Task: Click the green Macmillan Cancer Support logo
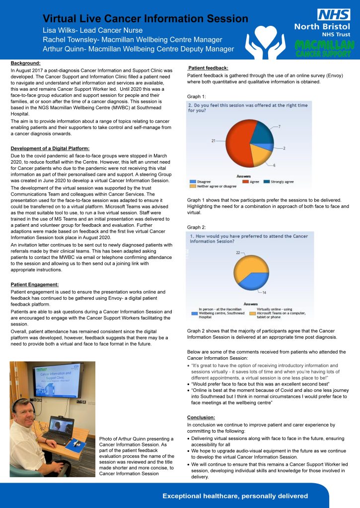[x=324, y=49]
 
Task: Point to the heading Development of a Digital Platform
[x=50, y=149]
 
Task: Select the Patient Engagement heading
[x=34, y=284]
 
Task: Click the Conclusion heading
[x=201, y=417]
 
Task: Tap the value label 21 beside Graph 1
[x=214, y=141]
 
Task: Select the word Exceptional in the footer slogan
[x=184, y=496]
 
